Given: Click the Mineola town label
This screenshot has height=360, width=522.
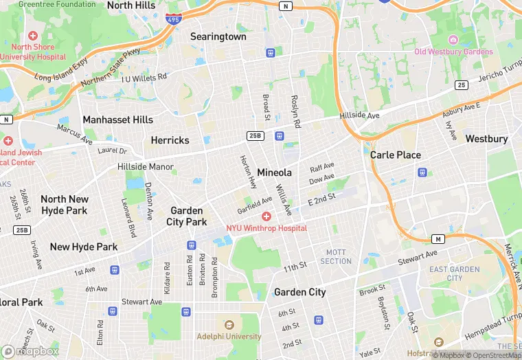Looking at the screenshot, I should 274,172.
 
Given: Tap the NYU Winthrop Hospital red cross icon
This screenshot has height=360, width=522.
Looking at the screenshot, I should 266,216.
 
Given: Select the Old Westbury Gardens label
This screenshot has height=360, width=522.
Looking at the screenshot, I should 453,52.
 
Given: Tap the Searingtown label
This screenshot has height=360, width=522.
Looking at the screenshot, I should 218,36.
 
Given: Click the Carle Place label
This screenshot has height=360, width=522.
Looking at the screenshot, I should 396,155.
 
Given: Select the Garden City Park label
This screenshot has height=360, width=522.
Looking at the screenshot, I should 186,216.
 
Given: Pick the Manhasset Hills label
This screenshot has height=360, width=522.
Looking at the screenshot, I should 117,120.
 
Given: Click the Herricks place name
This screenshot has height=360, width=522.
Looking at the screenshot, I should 170,140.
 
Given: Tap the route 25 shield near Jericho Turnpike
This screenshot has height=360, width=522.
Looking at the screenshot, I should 461,85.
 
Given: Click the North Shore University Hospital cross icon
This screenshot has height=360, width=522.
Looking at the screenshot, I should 32,35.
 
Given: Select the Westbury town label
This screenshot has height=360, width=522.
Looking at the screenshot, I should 486,139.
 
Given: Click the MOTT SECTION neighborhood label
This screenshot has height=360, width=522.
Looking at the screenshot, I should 336,257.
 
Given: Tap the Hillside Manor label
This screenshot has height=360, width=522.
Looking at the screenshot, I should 145,167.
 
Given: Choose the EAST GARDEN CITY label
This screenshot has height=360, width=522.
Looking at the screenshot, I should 455,273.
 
